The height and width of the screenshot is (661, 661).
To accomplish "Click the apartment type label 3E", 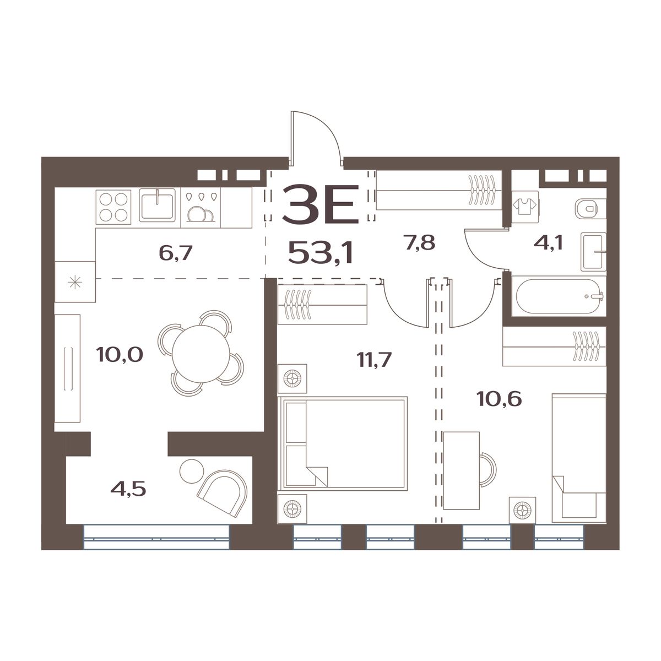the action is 321,204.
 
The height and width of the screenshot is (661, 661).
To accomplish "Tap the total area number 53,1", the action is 321,252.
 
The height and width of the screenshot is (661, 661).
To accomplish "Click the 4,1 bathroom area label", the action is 548,243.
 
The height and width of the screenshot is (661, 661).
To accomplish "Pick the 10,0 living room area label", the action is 120,354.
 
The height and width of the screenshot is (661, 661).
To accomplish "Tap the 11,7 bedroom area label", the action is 374,360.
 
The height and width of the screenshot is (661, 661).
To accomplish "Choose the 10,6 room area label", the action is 499,399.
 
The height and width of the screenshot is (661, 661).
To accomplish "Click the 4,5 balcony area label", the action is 128,489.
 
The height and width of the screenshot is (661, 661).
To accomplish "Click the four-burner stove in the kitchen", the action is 113,207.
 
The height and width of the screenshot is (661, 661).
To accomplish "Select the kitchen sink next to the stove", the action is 157,205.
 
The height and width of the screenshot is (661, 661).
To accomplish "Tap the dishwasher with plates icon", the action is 201,208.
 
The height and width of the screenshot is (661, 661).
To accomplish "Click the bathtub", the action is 560,296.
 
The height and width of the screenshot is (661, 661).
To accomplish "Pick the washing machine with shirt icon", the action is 525,207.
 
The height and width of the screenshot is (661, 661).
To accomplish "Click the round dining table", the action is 201,354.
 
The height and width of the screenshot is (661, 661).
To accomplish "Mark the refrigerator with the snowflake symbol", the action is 75,281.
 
